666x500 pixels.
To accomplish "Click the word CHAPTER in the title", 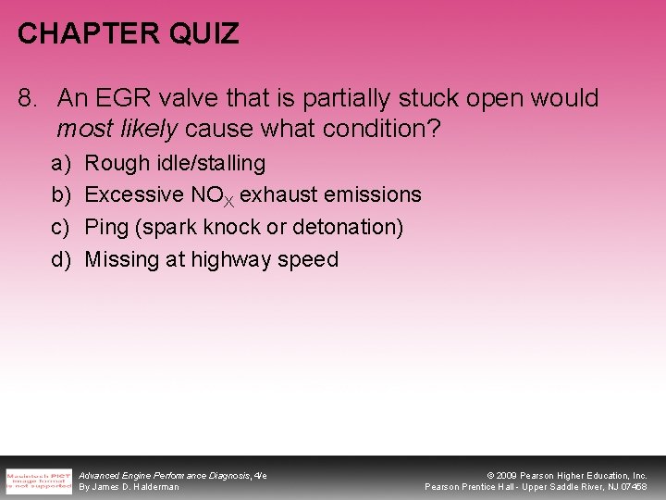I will pyautogui.click(x=81, y=34).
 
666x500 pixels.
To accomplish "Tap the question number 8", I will pyautogui.click(x=28, y=98).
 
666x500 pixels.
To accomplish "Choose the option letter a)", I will pyautogui.click(x=61, y=164).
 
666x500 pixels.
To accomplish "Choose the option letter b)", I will pyautogui.click(x=61, y=195).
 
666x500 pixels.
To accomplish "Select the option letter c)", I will pyautogui.click(x=61, y=228).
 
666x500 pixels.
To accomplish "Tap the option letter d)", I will pyautogui.click(x=61, y=259).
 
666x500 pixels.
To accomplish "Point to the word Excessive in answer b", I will pyautogui.click(x=133, y=195).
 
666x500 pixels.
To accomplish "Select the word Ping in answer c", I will pyautogui.click(x=106, y=228).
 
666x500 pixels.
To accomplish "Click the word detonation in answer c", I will pyautogui.click(x=346, y=228).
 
